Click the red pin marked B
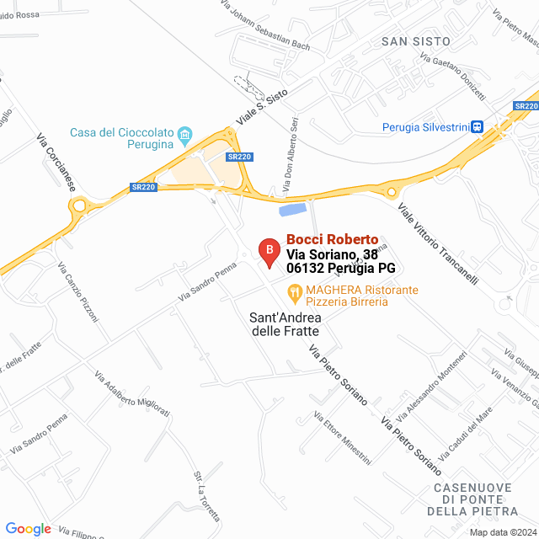tap(268, 252)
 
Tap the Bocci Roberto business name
tap(332, 240)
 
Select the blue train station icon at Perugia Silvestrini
tap(477, 128)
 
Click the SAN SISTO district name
tap(415, 41)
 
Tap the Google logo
tap(28, 529)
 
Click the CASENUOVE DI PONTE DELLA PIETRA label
tap(476, 499)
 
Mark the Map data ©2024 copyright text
tap(503, 532)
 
